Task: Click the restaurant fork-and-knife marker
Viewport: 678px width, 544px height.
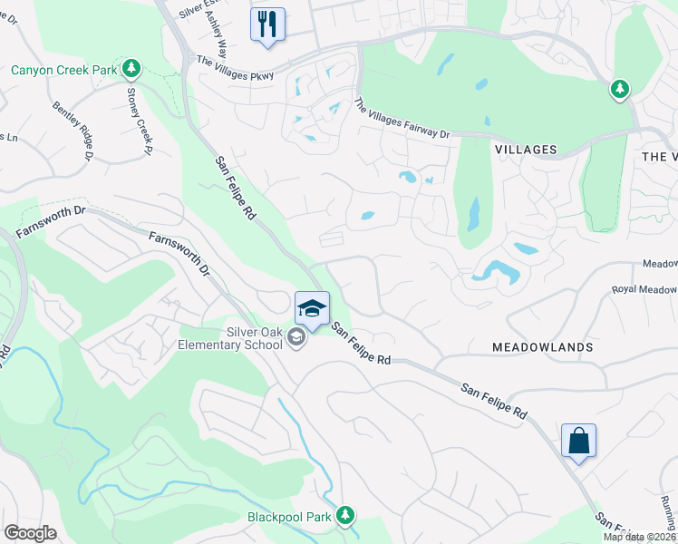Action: (x=267, y=24)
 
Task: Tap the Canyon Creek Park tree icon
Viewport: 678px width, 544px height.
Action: (x=131, y=69)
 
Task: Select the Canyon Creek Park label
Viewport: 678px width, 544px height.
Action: (x=63, y=70)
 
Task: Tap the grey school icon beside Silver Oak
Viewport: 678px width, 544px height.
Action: (x=295, y=338)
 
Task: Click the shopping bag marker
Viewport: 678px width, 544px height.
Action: (x=578, y=442)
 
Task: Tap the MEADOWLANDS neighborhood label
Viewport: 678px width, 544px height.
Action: (x=542, y=347)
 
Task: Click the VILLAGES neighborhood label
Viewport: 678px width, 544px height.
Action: (x=526, y=149)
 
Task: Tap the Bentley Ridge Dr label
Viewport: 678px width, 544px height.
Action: (x=73, y=132)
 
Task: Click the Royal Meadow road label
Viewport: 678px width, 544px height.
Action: (x=644, y=290)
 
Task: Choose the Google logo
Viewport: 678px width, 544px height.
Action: (x=31, y=533)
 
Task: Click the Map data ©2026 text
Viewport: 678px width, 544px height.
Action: (x=639, y=537)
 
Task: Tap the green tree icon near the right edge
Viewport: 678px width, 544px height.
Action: (x=620, y=89)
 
